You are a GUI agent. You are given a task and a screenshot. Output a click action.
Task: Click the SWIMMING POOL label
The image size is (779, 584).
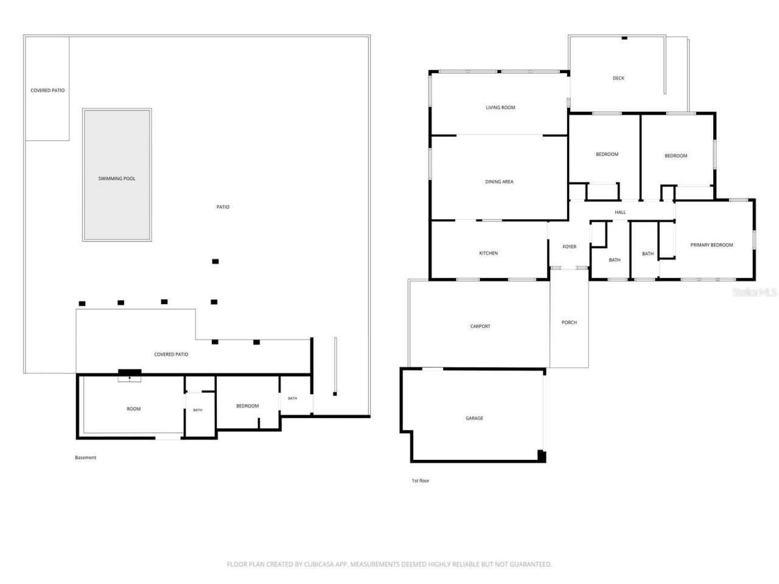(x=116, y=178)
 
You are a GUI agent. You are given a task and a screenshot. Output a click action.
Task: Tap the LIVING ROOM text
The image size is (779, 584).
(x=500, y=108)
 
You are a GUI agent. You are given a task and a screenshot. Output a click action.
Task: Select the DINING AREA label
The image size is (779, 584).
(x=498, y=181)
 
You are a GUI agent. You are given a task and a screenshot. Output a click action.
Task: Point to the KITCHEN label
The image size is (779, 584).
(x=488, y=253)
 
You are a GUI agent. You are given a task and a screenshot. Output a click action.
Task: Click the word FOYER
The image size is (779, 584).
(x=569, y=246)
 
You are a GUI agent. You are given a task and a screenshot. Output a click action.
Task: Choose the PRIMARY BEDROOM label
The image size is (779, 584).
(x=711, y=245)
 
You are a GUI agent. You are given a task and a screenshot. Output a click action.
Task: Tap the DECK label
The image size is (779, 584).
(x=618, y=78)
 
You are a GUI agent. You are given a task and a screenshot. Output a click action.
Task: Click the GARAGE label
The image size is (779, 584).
(x=473, y=418)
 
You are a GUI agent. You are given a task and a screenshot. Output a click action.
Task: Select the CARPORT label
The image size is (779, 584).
(x=480, y=326)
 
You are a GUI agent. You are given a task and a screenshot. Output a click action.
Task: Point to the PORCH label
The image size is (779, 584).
(x=568, y=322)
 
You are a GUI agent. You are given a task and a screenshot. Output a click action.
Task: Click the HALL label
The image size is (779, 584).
(x=620, y=212)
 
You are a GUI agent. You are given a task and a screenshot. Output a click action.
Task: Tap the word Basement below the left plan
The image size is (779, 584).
(x=85, y=457)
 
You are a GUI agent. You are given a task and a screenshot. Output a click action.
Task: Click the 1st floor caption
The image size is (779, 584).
(x=420, y=481)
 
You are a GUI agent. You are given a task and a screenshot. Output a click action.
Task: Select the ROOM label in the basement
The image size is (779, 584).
(x=133, y=409)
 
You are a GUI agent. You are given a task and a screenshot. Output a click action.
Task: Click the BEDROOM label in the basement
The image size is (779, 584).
(x=247, y=406)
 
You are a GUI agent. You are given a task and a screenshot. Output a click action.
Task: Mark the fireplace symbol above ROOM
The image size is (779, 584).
(x=129, y=375)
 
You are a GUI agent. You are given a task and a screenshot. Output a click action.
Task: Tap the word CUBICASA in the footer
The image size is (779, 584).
(x=318, y=564)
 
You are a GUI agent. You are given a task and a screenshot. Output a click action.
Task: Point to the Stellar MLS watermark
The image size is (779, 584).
(x=754, y=292)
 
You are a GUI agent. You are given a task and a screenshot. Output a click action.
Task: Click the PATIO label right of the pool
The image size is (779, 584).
(x=223, y=207)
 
